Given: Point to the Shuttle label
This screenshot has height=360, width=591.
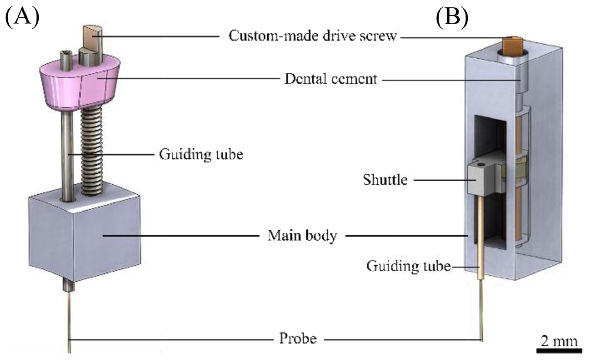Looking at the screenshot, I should click(x=385, y=179).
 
